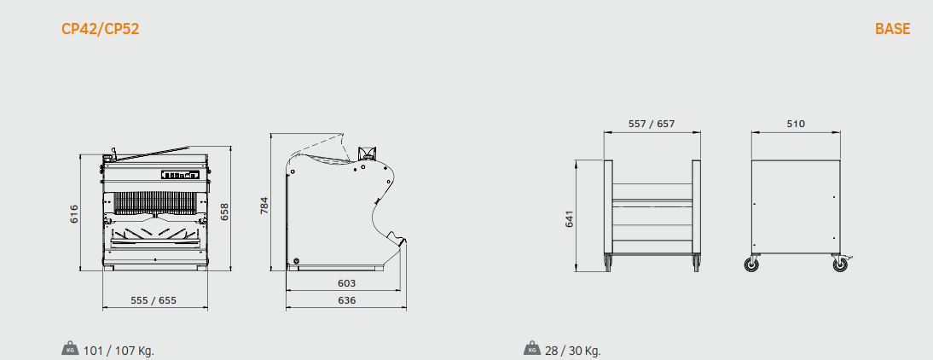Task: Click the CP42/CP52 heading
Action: point(101,28)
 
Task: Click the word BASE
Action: point(892,28)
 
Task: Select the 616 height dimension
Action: point(74,213)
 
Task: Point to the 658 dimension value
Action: point(225,212)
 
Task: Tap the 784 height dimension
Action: point(264,206)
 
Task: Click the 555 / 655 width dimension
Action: point(154,300)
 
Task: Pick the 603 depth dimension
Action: point(346,283)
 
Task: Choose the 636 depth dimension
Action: point(346,300)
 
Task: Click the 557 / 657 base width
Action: point(652,124)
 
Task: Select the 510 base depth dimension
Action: point(796,124)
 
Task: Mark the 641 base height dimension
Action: point(570,219)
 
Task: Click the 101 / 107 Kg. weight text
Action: point(119,351)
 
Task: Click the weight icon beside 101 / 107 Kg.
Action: point(70,349)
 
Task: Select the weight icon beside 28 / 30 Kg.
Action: point(532,349)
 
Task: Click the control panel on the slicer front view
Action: point(180,175)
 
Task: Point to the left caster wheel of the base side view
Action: point(752,264)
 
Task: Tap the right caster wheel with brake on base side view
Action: point(840,264)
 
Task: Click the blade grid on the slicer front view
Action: point(154,203)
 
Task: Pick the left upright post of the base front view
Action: point(608,207)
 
